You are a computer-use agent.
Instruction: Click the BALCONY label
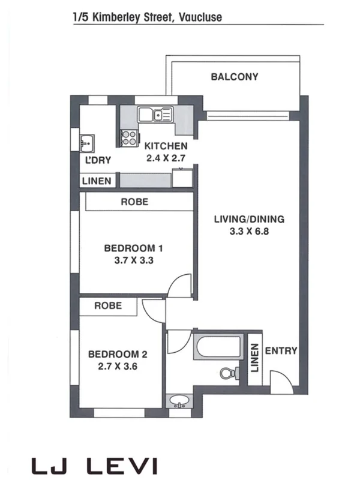click(234, 77)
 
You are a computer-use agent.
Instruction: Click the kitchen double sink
click(155, 113)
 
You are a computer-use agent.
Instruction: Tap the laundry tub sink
click(86, 142)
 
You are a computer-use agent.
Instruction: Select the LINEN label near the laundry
click(96, 181)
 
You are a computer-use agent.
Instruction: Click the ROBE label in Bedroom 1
click(134, 202)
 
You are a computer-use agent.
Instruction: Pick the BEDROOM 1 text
click(134, 248)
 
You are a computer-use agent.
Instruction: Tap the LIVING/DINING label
click(249, 219)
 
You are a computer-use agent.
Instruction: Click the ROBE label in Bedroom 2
click(108, 305)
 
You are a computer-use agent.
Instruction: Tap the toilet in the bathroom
click(228, 373)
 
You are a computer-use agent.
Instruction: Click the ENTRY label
click(281, 351)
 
